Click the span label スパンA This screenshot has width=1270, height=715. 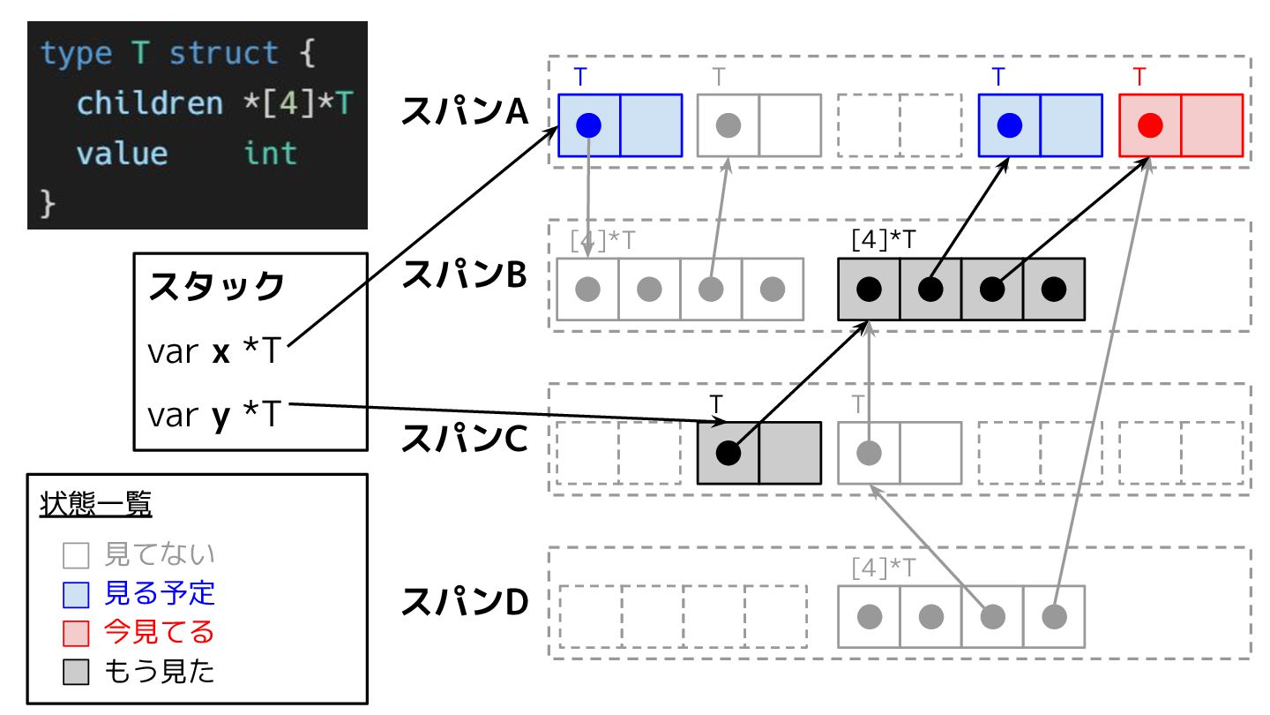[464, 112]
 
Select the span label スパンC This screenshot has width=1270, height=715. [464, 440]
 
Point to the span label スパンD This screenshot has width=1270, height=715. [464, 603]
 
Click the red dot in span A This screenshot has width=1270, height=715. [1149, 125]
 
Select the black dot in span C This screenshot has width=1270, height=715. [728, 453]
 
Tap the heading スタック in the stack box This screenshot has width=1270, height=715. [217, 287]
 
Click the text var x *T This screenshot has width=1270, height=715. [213, 352]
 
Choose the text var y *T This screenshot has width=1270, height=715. [213, 414]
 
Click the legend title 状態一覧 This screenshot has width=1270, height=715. [96, 506]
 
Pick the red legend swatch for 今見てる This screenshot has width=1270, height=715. [77, 634]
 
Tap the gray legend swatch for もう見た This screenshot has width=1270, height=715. [77, 674]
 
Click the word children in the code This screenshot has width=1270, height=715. [150, 104]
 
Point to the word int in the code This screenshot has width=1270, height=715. [270, 154]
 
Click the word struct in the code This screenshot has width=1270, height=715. [224, 54]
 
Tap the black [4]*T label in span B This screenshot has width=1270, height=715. [884, 239]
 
